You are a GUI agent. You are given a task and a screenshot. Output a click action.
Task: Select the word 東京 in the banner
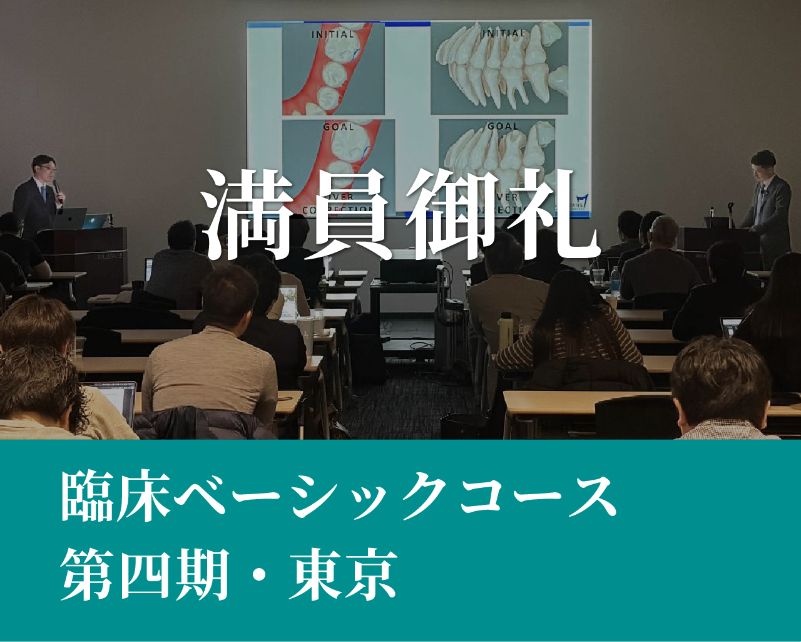point(344,574)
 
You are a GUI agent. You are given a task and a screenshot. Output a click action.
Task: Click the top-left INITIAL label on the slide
point(333,34)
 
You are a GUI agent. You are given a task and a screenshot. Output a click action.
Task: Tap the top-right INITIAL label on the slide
point(504,33)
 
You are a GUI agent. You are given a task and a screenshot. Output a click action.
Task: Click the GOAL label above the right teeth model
point(503,127)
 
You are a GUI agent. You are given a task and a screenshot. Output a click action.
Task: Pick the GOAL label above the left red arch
point(339,127)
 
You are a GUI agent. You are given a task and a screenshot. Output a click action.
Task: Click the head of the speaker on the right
point(764,164)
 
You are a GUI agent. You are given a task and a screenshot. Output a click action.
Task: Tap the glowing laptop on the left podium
point(70,218)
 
